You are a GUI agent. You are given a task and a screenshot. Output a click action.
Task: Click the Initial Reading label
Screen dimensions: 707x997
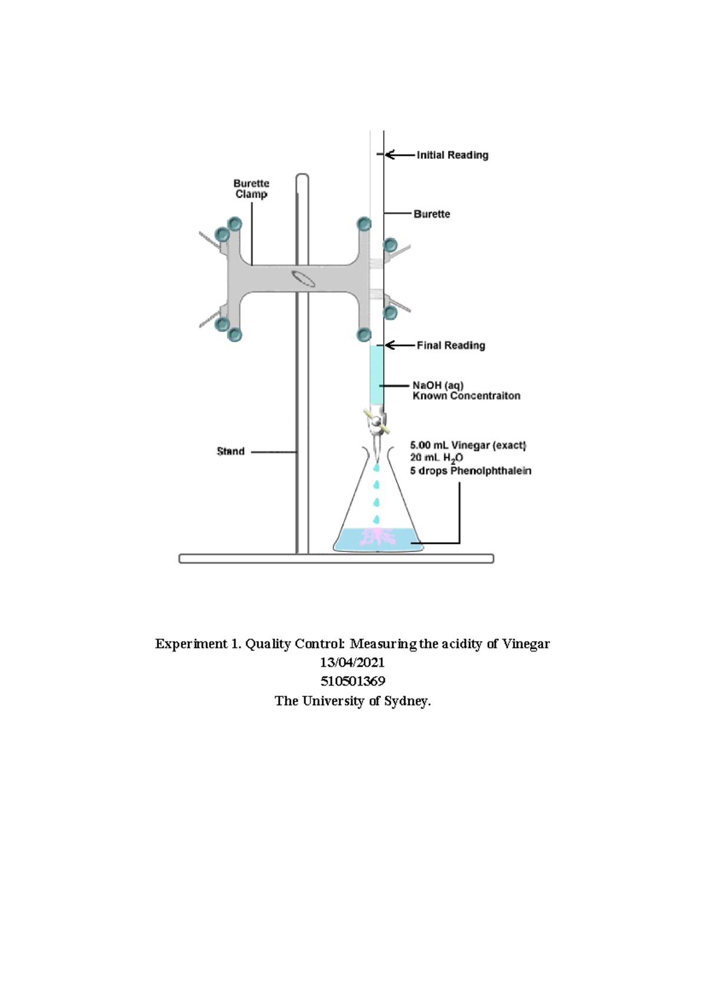click(x=452, y=155)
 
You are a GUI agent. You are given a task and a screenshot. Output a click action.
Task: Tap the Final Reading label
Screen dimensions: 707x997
click(x=451, y=345)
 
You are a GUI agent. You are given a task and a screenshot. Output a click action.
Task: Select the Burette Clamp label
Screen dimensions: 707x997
click(x=251, y=189)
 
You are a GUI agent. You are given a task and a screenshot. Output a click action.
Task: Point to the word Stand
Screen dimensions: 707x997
click(x=231, y=451)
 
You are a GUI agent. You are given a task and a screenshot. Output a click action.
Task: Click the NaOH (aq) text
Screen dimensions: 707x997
click(x=438, y=385)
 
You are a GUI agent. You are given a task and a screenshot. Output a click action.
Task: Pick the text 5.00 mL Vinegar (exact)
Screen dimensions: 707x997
click(x=468, y=445)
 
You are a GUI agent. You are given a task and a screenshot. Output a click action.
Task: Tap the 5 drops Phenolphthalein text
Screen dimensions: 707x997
click(x=471, y=471)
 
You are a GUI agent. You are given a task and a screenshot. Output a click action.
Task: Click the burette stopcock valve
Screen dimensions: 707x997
click(x=377, y=421)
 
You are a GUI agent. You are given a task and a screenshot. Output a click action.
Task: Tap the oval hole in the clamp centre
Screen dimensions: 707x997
click(x=303, y=278)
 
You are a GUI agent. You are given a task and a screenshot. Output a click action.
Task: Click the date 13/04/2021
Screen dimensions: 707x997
click(x=352, y=662)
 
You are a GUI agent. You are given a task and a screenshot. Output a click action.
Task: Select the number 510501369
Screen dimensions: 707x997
click(x=353, y=681)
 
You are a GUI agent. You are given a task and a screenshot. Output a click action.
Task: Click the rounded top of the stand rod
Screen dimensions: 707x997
click(x=302, y=175)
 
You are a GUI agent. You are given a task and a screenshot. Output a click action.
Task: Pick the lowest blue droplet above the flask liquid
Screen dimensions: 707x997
click(x=376, y=519)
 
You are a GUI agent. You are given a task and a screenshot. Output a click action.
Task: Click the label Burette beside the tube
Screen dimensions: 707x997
click(x=432, y=214)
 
